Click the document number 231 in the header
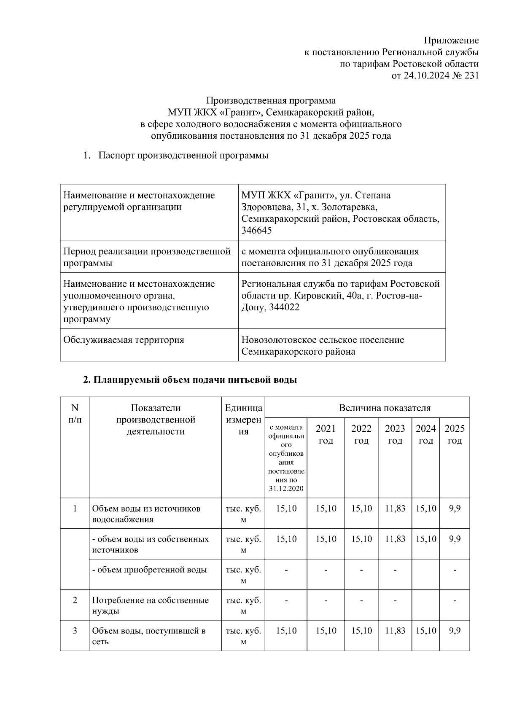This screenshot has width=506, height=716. [x=471, y=76]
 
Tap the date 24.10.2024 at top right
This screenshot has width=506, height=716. [x=426, y=76]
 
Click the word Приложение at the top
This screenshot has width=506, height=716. [x=451, y=40]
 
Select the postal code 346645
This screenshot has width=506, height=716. [x=256, y=231]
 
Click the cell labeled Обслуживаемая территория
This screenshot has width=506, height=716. [x=124, y=340]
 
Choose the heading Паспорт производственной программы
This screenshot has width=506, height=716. [x=183, y=156]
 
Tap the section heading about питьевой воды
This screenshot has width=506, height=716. [x=190, y=380]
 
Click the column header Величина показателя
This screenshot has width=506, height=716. [x=385, y=408]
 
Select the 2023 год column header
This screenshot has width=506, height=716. [x=395, y=434]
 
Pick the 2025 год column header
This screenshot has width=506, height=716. [x=454, y=434]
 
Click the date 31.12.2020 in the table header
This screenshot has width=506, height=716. [x=286, y=489]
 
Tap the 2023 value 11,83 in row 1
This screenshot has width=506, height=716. [x=395, y=509]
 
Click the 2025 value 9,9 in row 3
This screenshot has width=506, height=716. [x=455, y=631]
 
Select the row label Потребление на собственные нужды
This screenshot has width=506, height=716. [x=150, y=606]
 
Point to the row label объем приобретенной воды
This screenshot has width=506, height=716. [x=150, y=570]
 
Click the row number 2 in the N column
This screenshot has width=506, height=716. [x=75, y=600]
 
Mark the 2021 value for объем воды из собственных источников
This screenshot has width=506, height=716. [x=326, y=539]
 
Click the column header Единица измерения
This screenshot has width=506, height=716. [x=243, y=420]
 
